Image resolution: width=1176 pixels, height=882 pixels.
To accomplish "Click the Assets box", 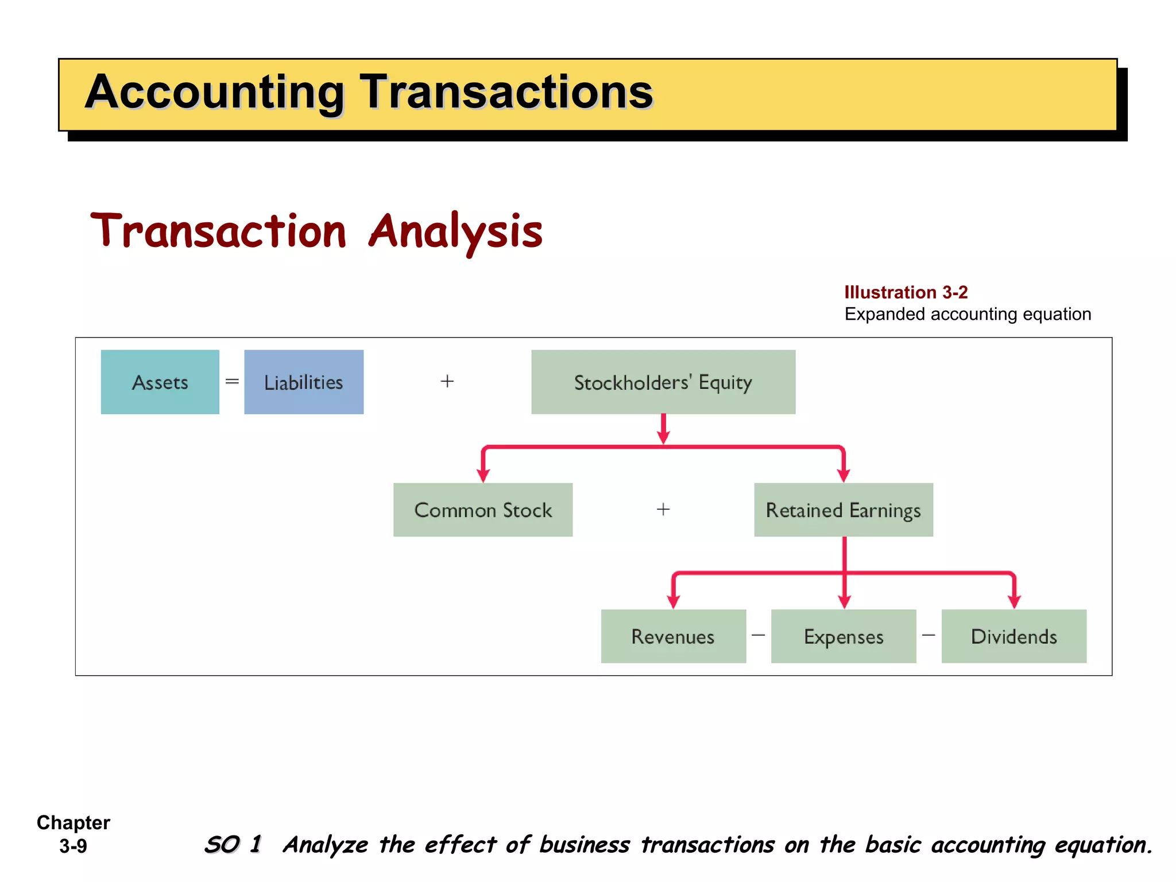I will tap(160, 382).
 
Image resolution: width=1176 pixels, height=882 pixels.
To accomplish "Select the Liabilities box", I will tap(303, 382).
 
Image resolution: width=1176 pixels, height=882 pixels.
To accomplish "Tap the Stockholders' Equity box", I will tap(663, 382).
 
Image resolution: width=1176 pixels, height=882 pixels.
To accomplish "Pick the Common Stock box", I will tap(482, 510).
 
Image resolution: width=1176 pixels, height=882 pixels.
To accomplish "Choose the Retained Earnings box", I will tap(843, 510).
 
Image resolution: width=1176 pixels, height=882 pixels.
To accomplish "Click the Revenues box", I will tap(673, 636).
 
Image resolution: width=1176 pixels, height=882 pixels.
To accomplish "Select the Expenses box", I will tap(843, 636).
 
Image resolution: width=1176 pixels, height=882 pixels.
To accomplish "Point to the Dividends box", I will tap(1013, 636).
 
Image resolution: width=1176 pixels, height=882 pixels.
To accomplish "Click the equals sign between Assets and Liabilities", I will tap(232, 381).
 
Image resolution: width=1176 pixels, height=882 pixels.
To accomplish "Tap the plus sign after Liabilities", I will tap(447, 381).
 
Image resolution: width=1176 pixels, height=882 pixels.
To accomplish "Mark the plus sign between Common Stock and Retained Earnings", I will tap(663, 509).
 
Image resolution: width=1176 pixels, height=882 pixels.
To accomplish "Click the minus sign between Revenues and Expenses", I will tap(758, 635).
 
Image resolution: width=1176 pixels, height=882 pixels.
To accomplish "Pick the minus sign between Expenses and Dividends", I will tap(929, 635).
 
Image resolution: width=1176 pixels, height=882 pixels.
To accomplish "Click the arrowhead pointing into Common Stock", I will tap(483, 475).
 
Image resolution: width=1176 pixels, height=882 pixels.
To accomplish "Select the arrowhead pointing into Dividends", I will tap(1014, 602).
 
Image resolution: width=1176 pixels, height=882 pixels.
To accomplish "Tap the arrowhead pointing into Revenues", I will tap(674, 602).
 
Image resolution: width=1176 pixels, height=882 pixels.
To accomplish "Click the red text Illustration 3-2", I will tap(906, 292).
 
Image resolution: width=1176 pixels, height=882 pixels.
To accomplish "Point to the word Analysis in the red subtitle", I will tap(455, 231).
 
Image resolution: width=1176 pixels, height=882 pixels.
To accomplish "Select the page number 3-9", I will tap(73, 846).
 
